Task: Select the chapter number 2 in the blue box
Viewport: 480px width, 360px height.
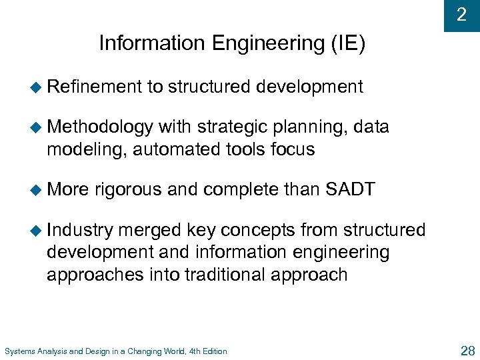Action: point(461,15)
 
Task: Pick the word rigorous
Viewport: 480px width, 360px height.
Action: point(129,190)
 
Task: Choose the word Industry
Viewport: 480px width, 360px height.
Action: point(81,230)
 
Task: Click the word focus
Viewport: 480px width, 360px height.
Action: point(292,149)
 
